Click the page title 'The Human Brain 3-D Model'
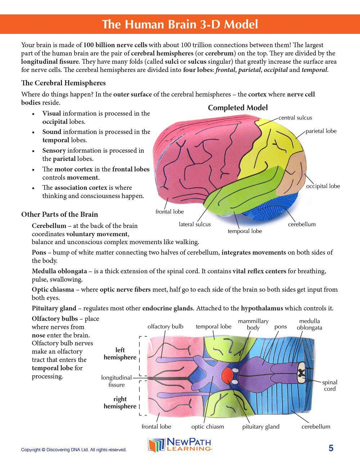tap(180, 24)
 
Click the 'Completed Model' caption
tap(238, 108)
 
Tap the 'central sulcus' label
tap(295, 118)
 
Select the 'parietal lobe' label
tap(321, 131)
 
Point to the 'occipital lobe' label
tap(323, 186)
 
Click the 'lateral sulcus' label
tap(195, 224)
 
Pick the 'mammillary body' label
tap(253, 324)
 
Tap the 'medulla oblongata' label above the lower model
tap(309, 324)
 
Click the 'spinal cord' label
tap(329, 385)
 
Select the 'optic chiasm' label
tap(207, 427)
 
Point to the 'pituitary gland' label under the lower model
tap(261, 427)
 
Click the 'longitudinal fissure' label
tap(116, 381)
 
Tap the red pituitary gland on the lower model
tap(228, 376)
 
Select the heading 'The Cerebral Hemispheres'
tap(63, 83)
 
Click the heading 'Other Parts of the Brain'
tap(59, 214)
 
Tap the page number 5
tap(331, 448)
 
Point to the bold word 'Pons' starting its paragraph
tap(39, 252)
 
